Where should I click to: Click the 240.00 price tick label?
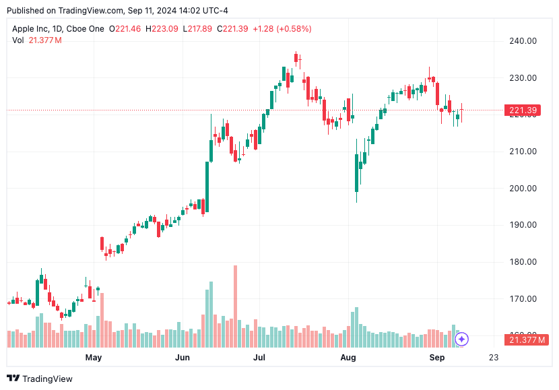(x=523, y=41)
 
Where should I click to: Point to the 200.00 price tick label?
(x=523, y=188)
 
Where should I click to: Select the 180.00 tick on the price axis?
(x=523, y=262)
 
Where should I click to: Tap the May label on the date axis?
(x=93, y=358)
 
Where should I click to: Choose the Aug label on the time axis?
(x=348, y=358)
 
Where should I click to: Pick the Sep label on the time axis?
(x=437, y=358)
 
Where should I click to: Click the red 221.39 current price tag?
(x=523, y=110)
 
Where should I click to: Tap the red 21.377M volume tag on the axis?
(x=523, y=339)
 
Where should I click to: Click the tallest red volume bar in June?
(x=235, y=306)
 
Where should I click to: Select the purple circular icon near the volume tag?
(x=461, y=339)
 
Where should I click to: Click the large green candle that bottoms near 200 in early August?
(x=356, y=173)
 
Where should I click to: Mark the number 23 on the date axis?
(x=494, y=358)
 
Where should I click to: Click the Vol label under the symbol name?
(x=18, y=40)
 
